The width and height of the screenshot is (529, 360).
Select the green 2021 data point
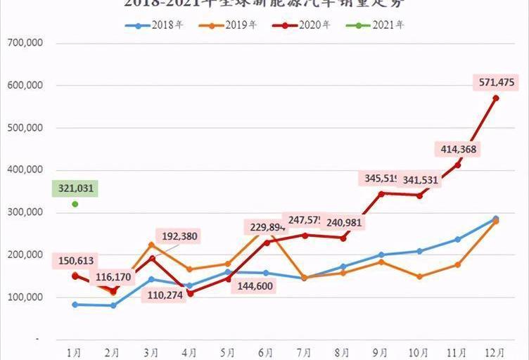pyautogui.click(x=75, y=204)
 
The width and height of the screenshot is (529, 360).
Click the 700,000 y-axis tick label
pyautogui.click(x=25, y=43)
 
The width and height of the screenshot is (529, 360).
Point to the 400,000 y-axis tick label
pyautogui.click(x=25, y=170)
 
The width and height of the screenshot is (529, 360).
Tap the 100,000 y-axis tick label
pyautogui.click(x=25, y=297)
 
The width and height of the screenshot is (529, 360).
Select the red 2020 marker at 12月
pyautogui.click(x=496, y=98)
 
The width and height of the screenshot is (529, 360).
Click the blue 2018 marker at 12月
pyautogui.click(x=496, y=219)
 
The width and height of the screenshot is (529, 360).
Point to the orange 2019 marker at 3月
pyautogui.click(x=151, y=245)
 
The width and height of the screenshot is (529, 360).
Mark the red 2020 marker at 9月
pyautogui.click(x=381, y=193)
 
